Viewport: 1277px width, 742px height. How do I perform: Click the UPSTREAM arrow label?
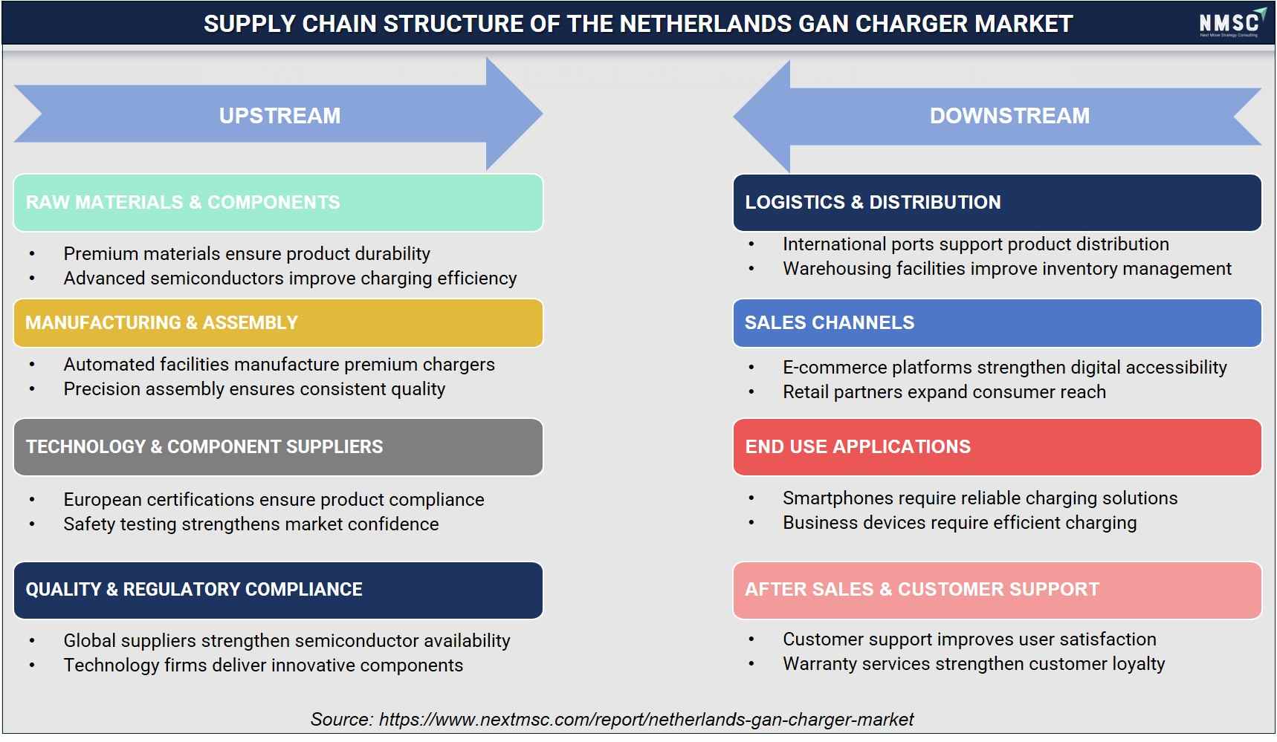pyautogui.click(x=279, y=116)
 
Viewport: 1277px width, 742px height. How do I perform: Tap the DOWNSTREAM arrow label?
pyautogui.click(x=1009, y=116)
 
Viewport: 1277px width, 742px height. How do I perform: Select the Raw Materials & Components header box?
pyautogui.click(x=278, y=203)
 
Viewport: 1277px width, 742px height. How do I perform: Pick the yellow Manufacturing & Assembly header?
pyautogui.click(x=278, y=323)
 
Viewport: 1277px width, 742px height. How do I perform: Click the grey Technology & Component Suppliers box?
pyautogui.click(x=278, y=447)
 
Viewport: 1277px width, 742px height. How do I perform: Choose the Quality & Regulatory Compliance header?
pyautogui.click(x=278, y=590)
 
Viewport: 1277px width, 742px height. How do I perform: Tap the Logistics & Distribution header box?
pyautogui.click(x=997, y=203)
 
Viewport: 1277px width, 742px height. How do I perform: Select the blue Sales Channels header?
pyautogui.click(x=997, y=323)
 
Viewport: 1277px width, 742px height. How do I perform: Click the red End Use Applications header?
pyautogui.click(x=997, y=447)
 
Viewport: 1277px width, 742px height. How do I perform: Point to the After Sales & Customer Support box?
pyautogui.click(x=997, y=590)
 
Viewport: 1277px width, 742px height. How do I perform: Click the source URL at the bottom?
pyautogui.click(x=646, y=720)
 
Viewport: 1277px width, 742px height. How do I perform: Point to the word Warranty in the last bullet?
pyautogui.click(x=818, y=664)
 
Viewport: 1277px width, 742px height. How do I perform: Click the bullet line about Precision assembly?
pyautogui.click(x=254, y=389)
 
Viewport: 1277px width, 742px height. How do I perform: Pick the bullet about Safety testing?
pyautogui.click(x=251, y=524)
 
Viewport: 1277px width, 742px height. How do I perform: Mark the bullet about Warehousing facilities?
pyautogui.click(x=1007, y=269)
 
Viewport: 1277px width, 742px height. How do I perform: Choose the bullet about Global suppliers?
pyautogui.click(x=287, y=641)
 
